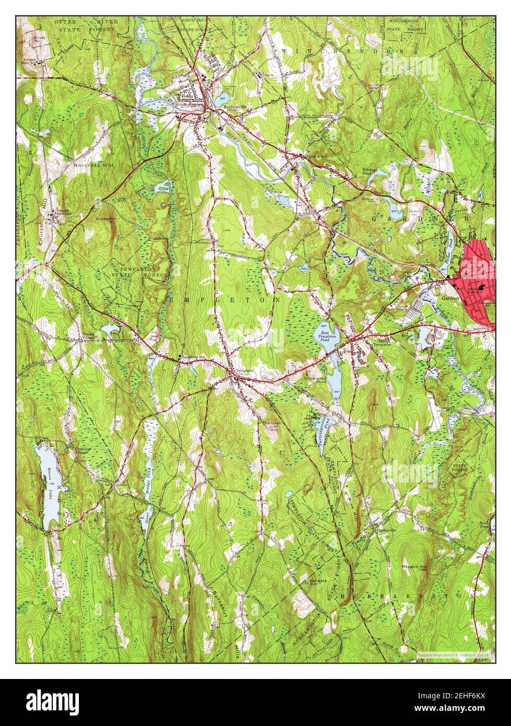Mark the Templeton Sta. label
coord(192,357)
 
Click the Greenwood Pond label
coord(316,381)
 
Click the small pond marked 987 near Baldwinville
coord(222,98)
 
